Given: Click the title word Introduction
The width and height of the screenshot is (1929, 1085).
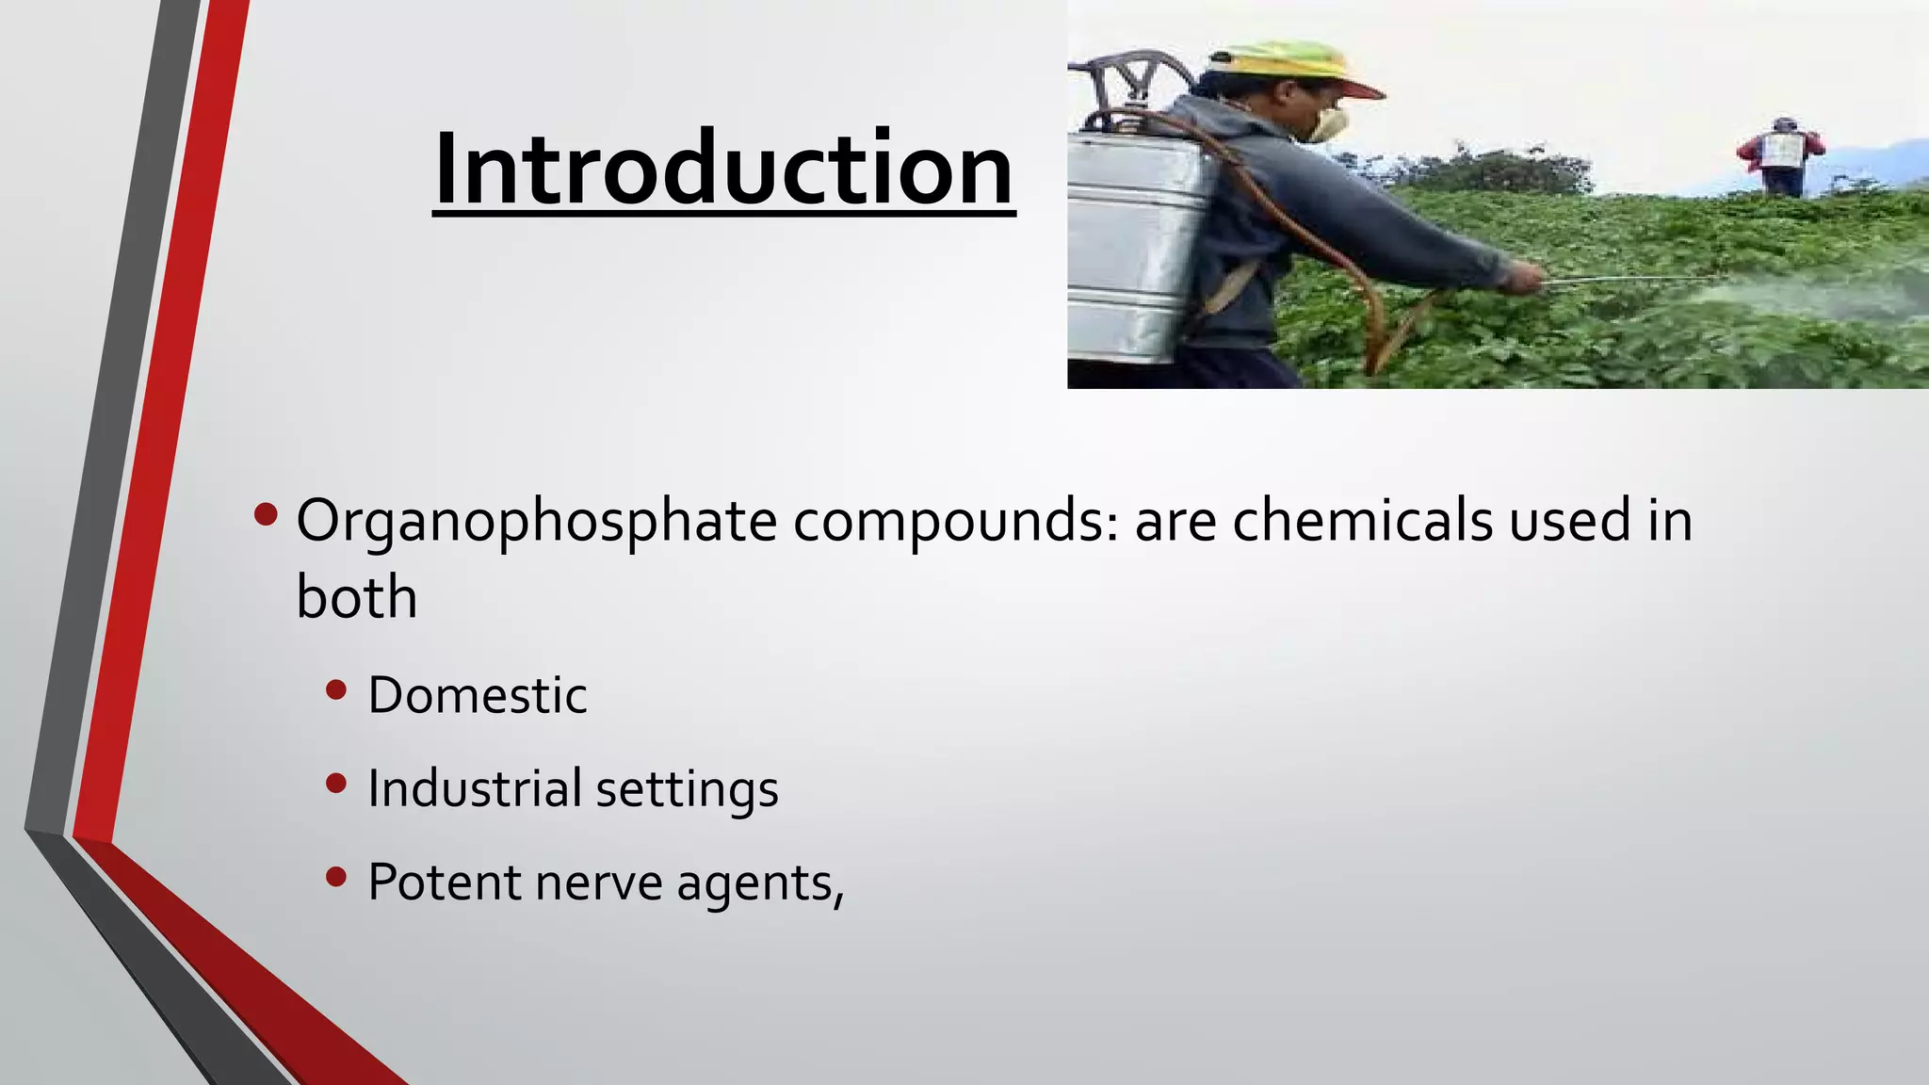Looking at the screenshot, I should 723,170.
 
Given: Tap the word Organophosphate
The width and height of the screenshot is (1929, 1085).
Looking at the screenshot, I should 536,521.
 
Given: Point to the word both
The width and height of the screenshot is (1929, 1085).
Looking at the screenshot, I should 356,597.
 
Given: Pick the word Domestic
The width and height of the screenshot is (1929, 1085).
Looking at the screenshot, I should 477,695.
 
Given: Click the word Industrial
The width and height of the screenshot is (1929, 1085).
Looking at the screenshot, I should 474,788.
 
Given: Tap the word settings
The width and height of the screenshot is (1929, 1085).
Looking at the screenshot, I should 687,790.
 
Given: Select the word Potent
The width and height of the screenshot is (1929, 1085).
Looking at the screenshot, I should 444,883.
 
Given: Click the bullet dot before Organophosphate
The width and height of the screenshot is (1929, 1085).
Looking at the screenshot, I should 266,514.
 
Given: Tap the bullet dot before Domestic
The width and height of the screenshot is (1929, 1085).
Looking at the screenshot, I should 335,690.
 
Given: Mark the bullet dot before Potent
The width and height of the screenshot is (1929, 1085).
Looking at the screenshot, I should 335,878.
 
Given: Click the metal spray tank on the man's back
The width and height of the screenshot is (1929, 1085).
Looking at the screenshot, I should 1135,245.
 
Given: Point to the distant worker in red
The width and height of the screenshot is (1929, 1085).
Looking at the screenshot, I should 1780,156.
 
